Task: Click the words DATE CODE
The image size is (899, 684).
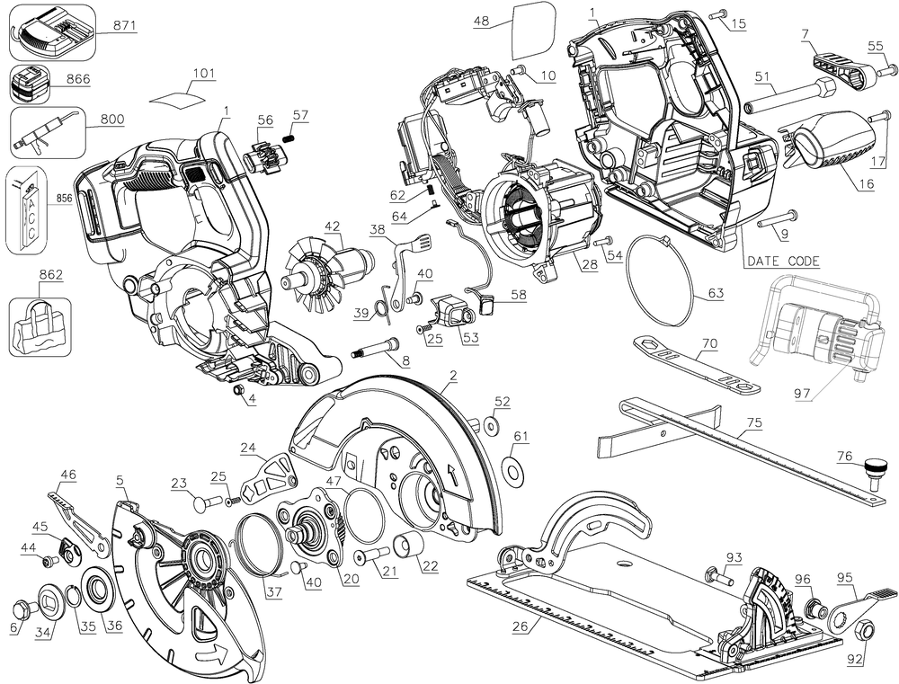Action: click(782, 261)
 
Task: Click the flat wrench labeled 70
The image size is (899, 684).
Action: click(692, 367)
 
